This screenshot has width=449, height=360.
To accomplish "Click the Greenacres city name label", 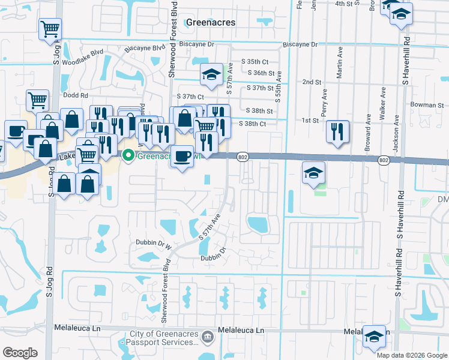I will pyautogui.click(x=210, y=22).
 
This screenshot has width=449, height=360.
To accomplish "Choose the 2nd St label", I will pyautogui.click(x=312, y=82).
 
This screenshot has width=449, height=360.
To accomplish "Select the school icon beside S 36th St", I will pyautogui.click(x=211, y=74).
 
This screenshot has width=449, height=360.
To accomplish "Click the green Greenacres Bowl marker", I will pyautogui.click(x=128, y=156).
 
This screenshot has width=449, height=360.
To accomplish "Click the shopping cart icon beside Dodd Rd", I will pyautogui.click(x=37, y=100).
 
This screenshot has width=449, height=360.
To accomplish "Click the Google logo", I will pyautogui.click(x=20, y=353).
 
